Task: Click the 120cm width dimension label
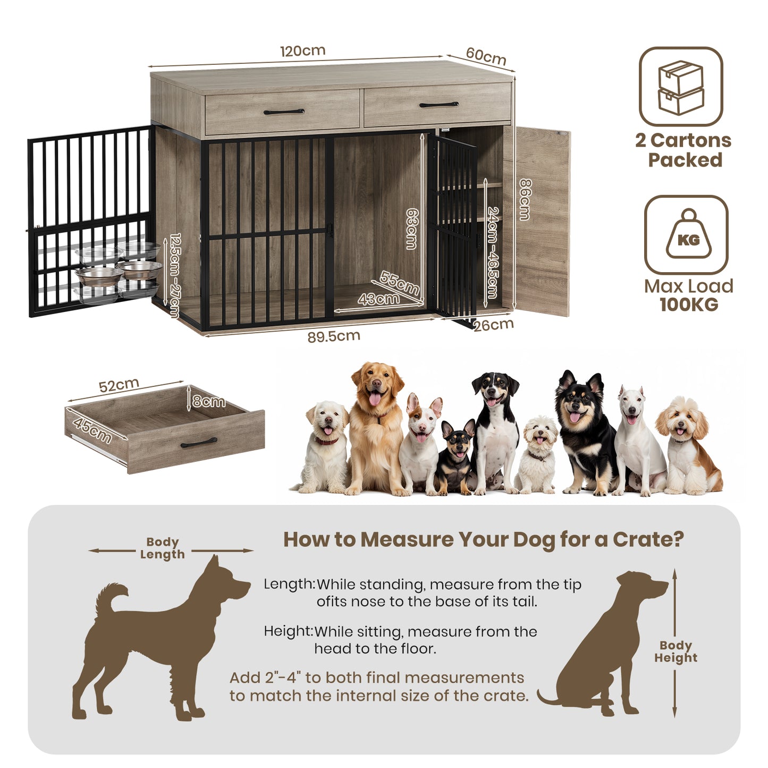click(x=302, y=51)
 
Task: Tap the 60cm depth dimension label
click(x=486, y=56)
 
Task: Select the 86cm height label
click(x=525, y=199)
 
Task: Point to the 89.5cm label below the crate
click(x=334, y=336)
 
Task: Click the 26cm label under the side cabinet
click(x=494, y=325)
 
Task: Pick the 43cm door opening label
click(x=378, y=299)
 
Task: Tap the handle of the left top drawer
click(x=284, y=112)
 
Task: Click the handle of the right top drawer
click(x=438, y=105)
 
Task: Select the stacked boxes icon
click(x=681, y=87)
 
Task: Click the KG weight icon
click(x=688, y=235)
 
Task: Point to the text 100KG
click(x=689, y=305)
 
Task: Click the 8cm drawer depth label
click(x=209, y=401)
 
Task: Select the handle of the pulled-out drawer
click(x=199, y=443)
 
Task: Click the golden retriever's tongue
click(x=375, y=399)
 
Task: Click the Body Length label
click(x=163, y=548)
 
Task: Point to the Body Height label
click(x=676, y=652)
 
